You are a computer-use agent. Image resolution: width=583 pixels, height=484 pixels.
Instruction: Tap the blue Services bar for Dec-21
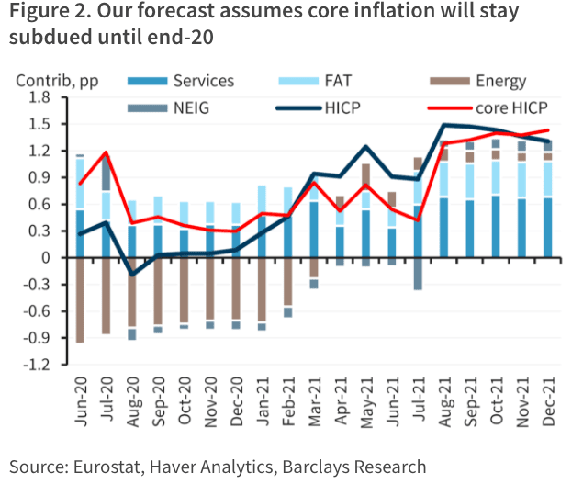pyautogui.click(x=548, y=228)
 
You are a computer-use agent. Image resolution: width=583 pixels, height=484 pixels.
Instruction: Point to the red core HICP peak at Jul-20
pyautogui.click(x=107, y=152)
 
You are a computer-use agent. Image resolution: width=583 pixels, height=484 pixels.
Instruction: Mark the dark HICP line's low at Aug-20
pyautogui.click(x=132, y=275)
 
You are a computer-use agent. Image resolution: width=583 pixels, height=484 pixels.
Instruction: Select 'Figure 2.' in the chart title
pyautogui.click(x=46, y=13)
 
